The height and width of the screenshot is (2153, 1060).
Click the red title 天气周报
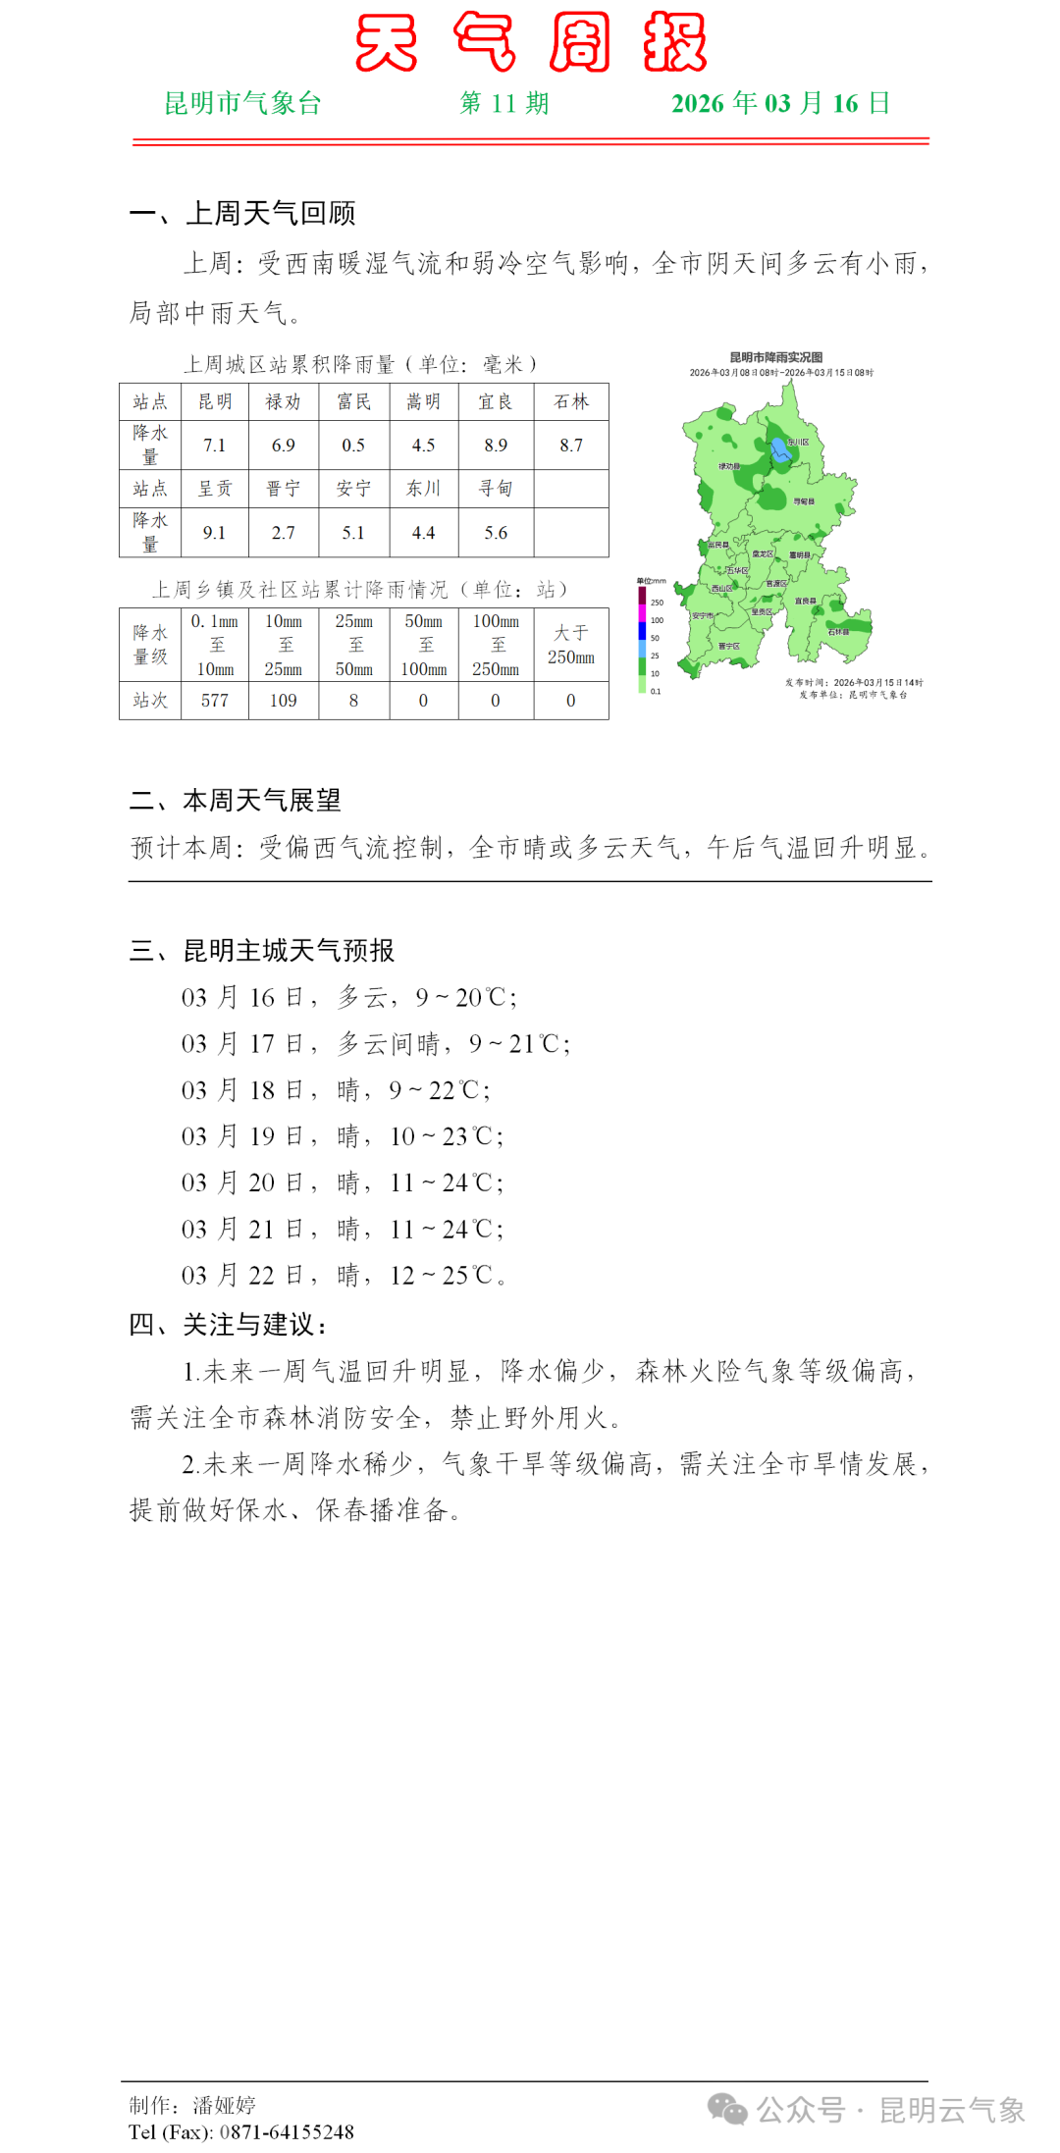(x=530, y=42)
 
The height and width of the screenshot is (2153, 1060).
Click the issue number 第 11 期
(x=503, y=103)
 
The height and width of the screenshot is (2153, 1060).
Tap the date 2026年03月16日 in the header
(x=780, y=103)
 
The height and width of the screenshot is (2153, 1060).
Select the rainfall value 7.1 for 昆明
(x=215, y=446)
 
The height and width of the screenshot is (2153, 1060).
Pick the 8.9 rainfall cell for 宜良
(x=496, y=446)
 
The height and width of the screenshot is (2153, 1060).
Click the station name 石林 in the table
(x=571, y=401)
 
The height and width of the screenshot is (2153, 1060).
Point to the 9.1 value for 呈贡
(x=215, y=533)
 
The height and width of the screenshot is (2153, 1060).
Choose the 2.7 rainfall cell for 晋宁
(x=284, y=533)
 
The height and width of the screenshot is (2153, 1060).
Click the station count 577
(x=215, y=701)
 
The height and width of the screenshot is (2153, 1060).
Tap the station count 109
(x=284, y=701)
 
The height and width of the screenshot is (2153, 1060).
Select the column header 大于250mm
(x=571, y=645)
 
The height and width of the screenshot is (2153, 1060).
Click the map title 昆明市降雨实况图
(x=775, y=357)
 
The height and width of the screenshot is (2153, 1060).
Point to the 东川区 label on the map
(x=798, y=443)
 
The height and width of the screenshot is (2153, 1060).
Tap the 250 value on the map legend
(x=657, y=603)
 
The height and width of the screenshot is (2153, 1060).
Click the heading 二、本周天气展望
(x=236, y=801)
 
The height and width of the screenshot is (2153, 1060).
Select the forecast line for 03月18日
(x=335, y=1090)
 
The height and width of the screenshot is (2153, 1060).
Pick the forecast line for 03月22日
(x=343, y=1276)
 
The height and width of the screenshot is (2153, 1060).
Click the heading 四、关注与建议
(x=228, y=1325)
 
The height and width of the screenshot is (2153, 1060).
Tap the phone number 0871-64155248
(x=287, y=2131)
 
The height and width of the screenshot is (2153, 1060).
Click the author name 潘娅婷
(x=225, y=2105)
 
